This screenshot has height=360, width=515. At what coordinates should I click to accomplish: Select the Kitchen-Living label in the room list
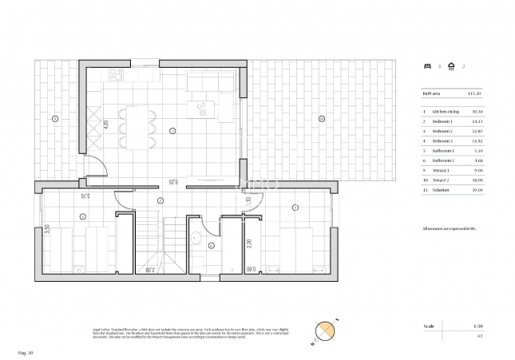[445, 111]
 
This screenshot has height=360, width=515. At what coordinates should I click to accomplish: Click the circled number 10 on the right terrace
[320, 119]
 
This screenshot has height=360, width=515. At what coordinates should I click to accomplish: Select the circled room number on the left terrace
[54, 119]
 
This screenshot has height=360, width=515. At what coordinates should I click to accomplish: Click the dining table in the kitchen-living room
[138, 127]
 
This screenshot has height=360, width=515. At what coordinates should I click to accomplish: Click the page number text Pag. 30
[26, 352]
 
